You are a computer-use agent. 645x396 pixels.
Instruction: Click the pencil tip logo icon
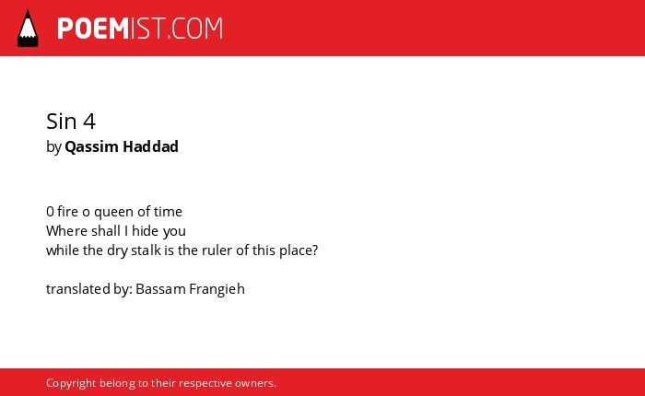28,28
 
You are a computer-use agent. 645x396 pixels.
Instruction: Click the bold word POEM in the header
93,29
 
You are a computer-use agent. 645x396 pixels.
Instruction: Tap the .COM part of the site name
195,29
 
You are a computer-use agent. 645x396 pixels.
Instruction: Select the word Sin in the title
62,122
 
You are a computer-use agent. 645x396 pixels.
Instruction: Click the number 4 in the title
89,122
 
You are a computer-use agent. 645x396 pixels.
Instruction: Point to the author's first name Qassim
91,146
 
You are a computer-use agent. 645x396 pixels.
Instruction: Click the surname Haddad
150,146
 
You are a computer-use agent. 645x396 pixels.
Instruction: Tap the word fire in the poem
67,212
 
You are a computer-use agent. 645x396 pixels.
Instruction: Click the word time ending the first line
168,212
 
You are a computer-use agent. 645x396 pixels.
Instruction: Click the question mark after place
315,250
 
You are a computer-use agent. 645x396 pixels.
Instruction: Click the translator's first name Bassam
161,289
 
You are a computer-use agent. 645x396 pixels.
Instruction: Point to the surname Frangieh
217,289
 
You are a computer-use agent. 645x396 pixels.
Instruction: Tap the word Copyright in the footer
71,383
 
